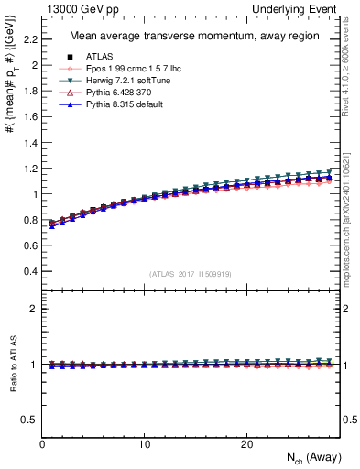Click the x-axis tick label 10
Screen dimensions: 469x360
tap(144, 443)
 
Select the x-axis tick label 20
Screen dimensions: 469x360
tap(245, 443)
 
